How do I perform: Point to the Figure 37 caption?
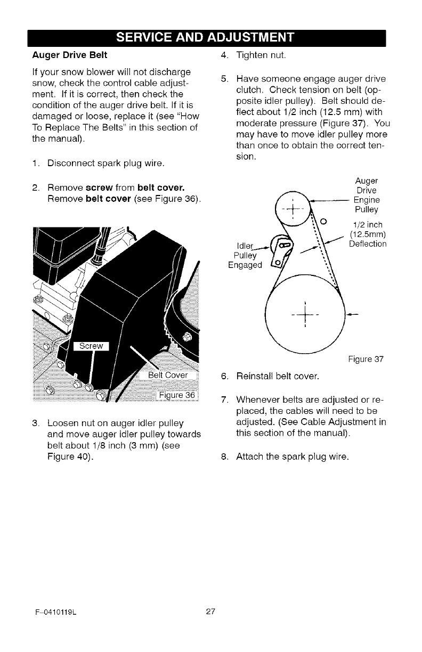[367, 359]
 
